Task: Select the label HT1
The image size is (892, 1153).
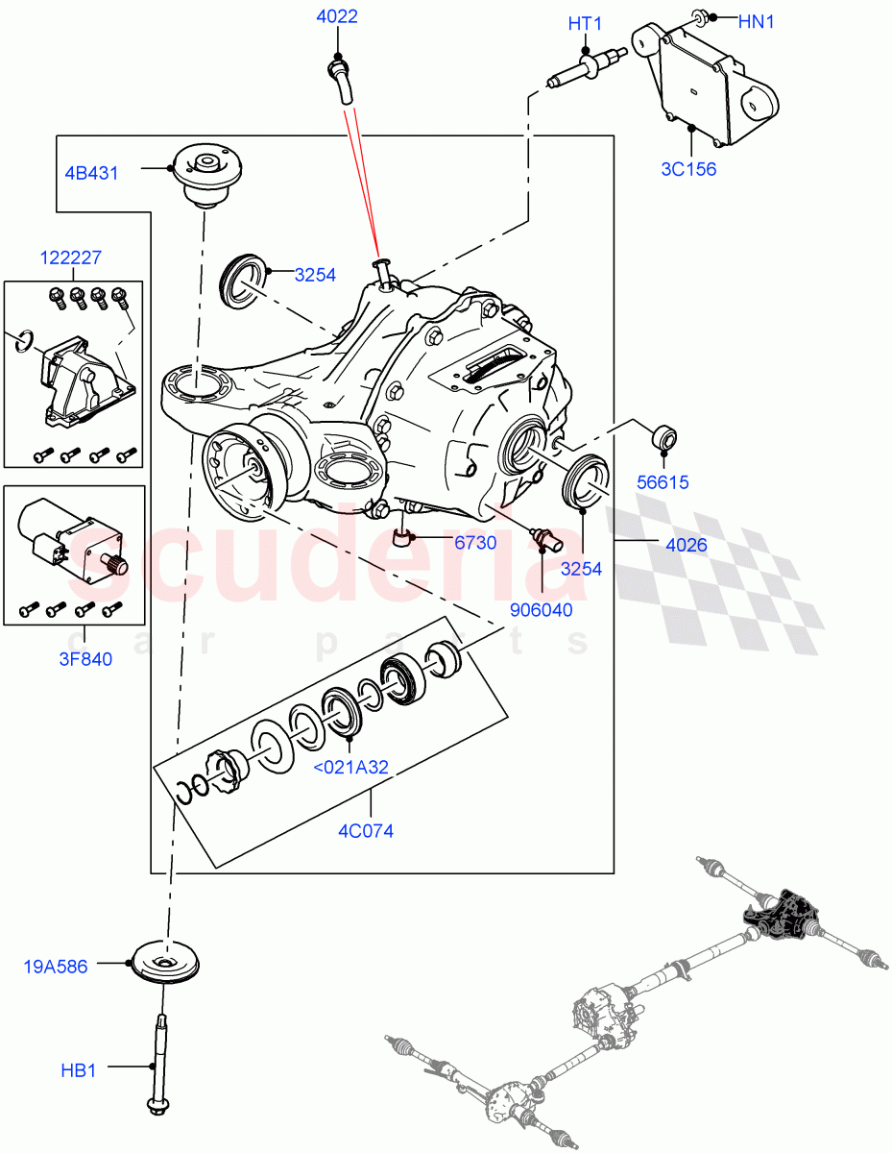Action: point(584,21)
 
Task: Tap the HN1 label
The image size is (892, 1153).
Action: point(756,21)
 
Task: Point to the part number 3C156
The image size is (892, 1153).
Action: point(688,170)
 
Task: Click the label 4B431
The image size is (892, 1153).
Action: point(91,174)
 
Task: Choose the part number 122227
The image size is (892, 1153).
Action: point(71,258)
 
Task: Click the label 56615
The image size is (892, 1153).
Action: point(662,483)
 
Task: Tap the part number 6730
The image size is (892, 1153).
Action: point(475,543)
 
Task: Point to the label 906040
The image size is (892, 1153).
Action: point(542,609)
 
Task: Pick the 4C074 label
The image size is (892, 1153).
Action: point(366,831)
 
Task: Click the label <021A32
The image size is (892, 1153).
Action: point(350,767)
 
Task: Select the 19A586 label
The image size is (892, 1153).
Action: point(56,967)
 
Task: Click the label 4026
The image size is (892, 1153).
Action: point(686,545)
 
